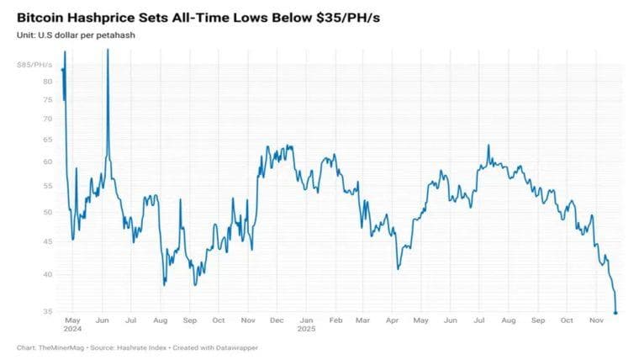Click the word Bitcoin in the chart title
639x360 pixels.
[x=42, y=17]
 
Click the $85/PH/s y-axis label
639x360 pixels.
[x=35, y=65]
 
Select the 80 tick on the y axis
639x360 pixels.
[x=48, y=82]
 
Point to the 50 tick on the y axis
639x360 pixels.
[x=48, y=212]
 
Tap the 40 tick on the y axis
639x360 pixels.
[x=48, y=274]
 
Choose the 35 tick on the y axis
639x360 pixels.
[x=48, y=312]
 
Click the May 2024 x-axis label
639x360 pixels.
[x=71, y=324]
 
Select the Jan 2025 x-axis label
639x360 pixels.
[x=307, y=324]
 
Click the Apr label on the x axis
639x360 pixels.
[x=393, y=320]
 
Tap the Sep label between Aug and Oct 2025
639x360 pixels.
[x=538, y=320]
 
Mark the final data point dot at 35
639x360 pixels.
[x=616, y=313]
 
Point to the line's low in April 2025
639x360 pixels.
[x=398, y=268]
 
